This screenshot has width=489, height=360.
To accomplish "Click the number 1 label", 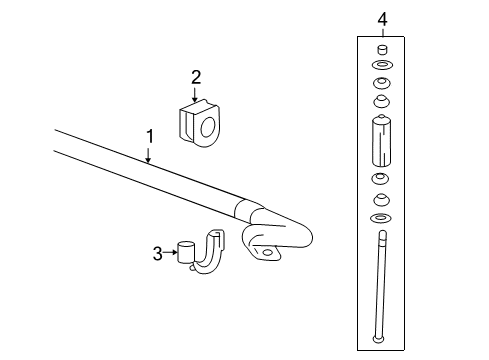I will click(x=149, y=135).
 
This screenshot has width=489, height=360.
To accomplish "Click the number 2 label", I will click(x=196, y=76).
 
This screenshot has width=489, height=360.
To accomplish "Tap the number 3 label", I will click(x=158, y=254).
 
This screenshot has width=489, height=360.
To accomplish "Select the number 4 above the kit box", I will click(x=381, y=18).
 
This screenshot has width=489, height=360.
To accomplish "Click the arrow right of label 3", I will click(x=170, y=254).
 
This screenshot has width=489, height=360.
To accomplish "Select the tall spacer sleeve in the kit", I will click(x=381, y=141).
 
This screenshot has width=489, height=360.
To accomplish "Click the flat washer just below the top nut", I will click(x=381, y=67).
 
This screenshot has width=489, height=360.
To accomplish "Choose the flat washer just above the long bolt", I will click(x=381, y=217).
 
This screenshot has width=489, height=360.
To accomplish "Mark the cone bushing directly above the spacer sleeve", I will click(x=381, y=101).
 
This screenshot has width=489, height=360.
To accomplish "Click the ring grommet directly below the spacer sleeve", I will click(x=381, y=178).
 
